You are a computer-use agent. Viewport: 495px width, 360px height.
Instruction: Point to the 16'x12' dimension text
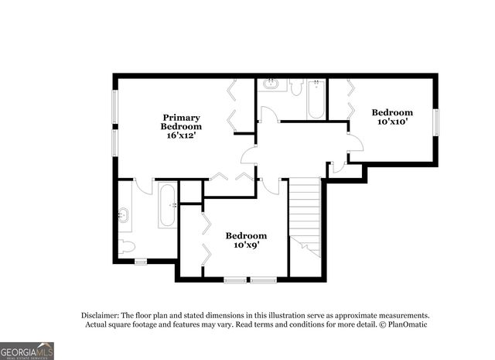click(181, 135)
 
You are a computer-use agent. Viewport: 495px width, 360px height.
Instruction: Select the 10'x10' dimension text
click(391, 122)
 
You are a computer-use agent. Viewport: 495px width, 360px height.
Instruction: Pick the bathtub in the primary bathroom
click(168, 205)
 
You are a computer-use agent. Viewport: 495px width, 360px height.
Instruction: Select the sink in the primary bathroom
click(124, 214)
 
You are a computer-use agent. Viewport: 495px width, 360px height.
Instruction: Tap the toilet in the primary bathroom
click(127, 247)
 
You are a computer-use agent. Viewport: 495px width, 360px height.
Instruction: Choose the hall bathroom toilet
click(296, 86)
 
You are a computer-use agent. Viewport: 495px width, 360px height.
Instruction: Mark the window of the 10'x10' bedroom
click(436, 122)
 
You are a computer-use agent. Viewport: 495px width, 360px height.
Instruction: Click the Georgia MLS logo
click(27, 351)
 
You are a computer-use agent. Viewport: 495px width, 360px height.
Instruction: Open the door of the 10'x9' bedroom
click(270, 186)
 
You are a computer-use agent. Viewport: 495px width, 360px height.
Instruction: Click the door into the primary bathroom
click(144, 186)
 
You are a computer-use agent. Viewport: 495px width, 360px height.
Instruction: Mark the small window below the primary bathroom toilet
click(140, 262)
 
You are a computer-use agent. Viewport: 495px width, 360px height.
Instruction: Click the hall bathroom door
click(269, 115)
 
